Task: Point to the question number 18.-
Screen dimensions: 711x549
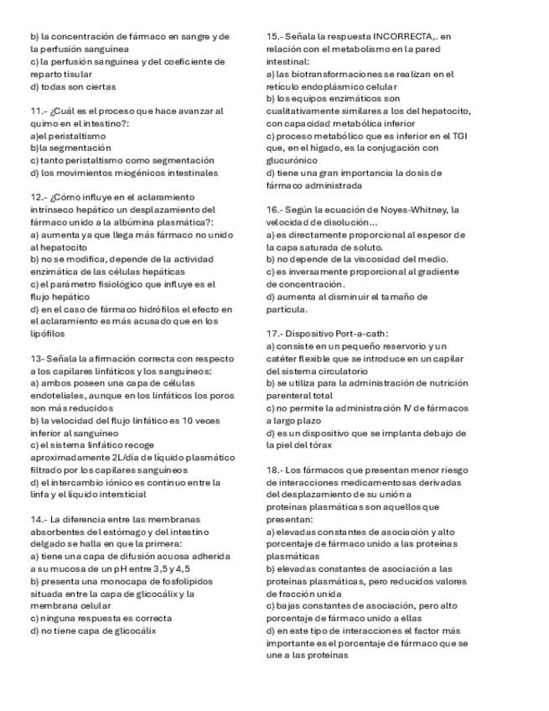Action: [x=275, y=470]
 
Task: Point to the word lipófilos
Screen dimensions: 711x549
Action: [x=47, y=334]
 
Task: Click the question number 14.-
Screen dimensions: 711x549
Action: [x=38, y=520]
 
